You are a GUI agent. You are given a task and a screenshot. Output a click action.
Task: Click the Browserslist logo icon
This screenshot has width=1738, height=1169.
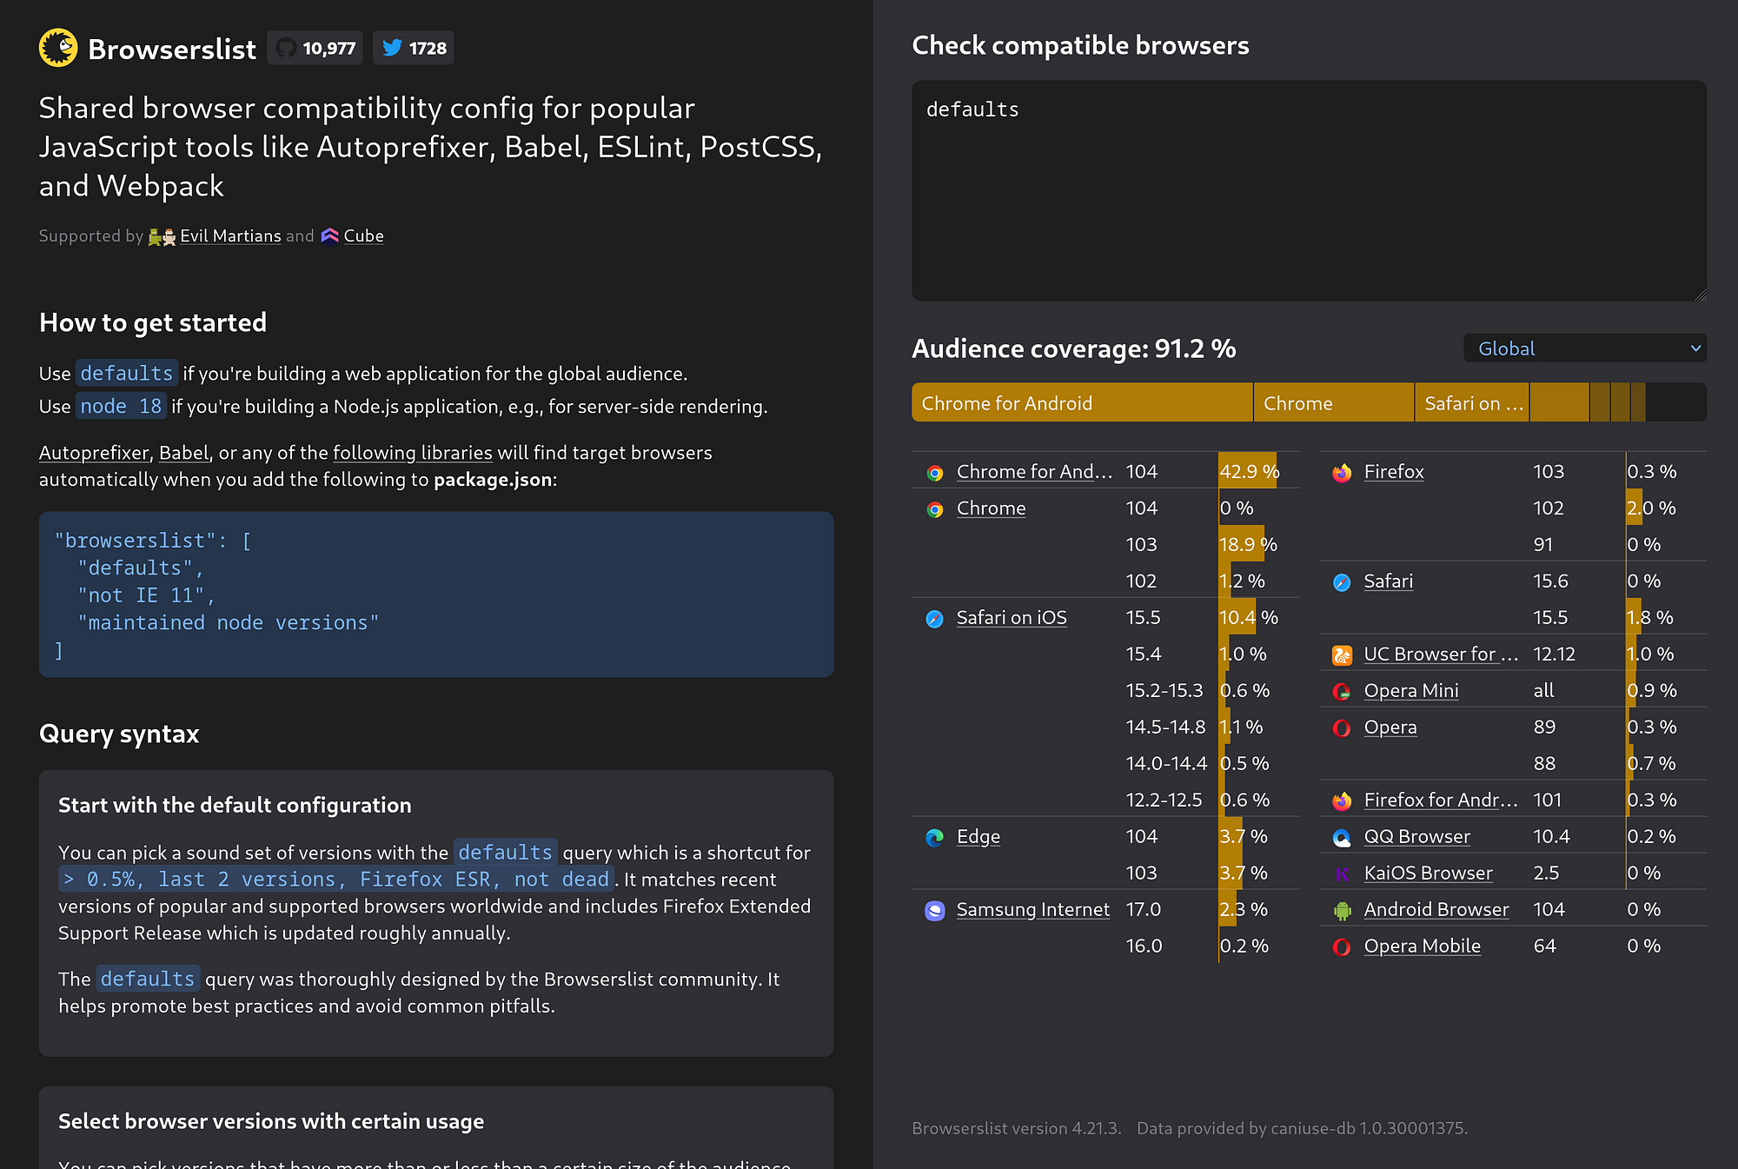click(x=58, y=48)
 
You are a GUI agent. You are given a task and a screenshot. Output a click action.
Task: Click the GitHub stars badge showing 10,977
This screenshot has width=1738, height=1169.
click(x=315, y=48)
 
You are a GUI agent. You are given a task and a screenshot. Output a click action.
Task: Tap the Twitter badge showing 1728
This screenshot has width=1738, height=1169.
click(x=414, y=48)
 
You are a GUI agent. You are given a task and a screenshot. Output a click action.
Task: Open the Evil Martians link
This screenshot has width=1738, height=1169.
click(x=230, y=236)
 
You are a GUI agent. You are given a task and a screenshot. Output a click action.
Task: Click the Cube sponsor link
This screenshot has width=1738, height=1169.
click(x=363, y=236)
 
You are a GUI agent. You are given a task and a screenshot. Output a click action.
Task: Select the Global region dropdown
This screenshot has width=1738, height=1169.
click(x=1585, y=349)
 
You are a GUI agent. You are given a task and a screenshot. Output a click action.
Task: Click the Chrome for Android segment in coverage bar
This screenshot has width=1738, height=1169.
click(x=1082, y=403)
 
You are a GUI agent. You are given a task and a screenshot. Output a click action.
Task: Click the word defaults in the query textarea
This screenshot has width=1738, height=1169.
click(x=972, y=110)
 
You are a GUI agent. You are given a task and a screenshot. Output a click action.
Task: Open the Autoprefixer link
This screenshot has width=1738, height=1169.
click(x=94, y=453)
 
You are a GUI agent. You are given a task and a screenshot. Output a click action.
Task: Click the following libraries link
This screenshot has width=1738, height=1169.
click(x=413, y=453)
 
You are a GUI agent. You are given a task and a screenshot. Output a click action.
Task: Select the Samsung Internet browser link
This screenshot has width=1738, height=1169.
click(x=1032, y=909)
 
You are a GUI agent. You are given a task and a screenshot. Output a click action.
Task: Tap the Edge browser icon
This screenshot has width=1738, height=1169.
click(x=935, y=837)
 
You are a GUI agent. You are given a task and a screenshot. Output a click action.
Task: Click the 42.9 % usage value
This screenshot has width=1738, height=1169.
click(x=1250, y=471)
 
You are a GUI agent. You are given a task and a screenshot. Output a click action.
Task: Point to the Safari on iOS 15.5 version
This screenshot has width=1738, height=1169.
click(x=1143, y=617)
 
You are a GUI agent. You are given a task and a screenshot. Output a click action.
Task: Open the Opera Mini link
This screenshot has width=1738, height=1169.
click(x=1411, y=690)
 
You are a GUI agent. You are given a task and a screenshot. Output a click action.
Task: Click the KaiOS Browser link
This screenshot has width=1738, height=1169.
click(x=1429, y=873)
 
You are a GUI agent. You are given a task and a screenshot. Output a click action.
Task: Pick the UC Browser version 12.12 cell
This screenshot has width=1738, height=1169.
click(x=1554, y=654)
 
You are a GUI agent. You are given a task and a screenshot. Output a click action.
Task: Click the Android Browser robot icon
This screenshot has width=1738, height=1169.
click(x=1343, y=910)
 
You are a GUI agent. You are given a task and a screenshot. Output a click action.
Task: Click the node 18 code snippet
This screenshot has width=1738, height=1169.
click(x=121, y=406)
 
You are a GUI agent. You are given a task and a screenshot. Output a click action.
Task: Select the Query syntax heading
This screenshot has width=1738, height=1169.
click(x=119, y=734)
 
